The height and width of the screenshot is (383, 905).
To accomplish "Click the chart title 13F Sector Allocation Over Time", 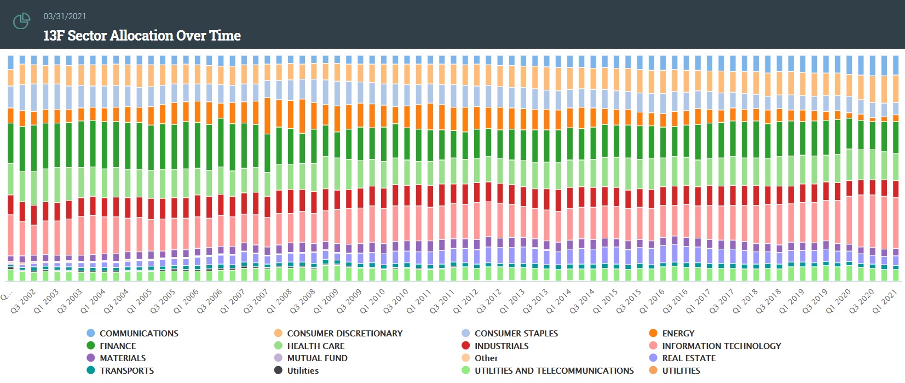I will (x=142, y=36).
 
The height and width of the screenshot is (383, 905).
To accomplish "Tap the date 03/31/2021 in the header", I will (x=65, y=16).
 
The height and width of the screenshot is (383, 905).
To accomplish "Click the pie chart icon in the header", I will (x=21, y=21).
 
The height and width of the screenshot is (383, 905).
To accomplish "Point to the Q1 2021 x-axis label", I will (x=885, y=301).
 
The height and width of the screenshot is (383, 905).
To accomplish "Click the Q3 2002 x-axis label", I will (x=24, y=301).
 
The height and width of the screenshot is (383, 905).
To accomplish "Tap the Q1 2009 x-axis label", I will (x=326, y=301).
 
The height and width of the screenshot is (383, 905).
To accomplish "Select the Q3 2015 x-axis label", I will (x=629, y=301).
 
